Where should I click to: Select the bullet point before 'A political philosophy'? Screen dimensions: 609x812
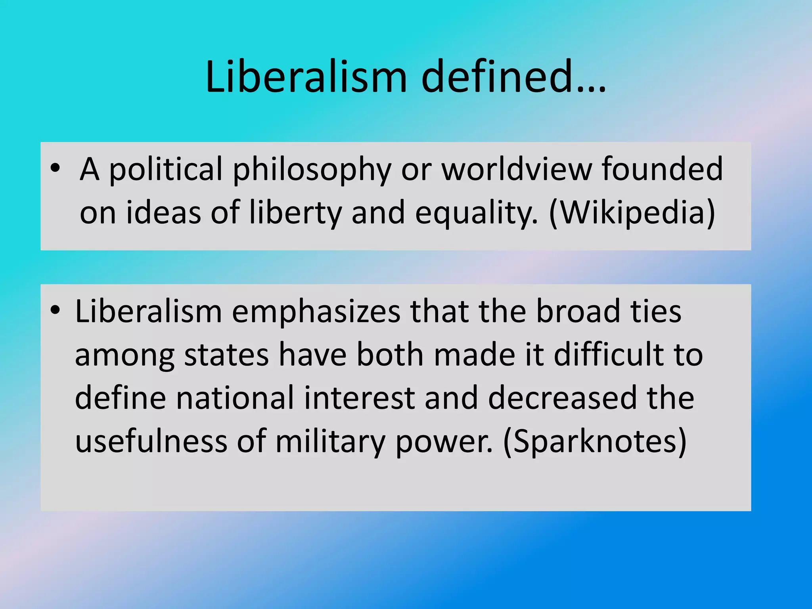(56, 168)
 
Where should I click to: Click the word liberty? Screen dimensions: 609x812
(295, 213)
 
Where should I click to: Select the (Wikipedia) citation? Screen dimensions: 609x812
(632, 213)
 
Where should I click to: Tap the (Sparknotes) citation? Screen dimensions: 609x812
(595, 442)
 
